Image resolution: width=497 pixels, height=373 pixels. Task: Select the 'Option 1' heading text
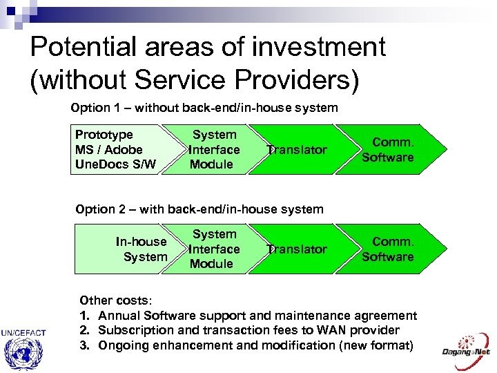click(204, 108)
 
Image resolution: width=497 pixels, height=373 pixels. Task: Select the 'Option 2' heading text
click(199, 209)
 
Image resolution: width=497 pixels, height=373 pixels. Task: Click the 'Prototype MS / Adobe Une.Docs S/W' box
click(115, 149)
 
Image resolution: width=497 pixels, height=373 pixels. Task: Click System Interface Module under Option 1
click(213, 149)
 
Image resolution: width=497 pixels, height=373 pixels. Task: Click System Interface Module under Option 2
click(213, 249)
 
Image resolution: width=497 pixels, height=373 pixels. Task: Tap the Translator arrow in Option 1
click(297, 150)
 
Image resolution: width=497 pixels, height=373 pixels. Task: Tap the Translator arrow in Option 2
click(297, 249)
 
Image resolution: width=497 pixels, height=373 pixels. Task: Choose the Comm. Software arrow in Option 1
click(388, 150)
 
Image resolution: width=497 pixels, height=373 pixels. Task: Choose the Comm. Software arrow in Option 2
click(388, 249)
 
